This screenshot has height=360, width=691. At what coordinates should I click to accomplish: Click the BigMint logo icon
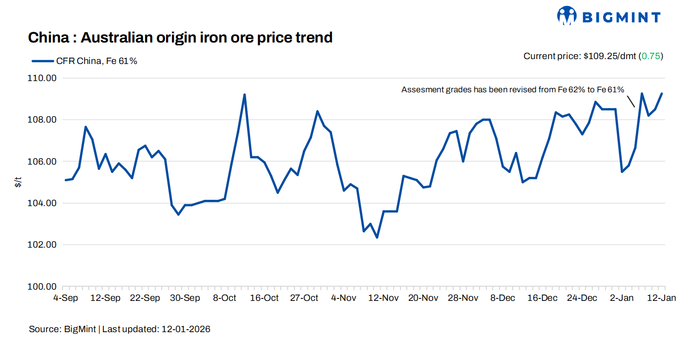coord(566,16)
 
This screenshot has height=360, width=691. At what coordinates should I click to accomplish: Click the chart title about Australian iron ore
coord(180,38)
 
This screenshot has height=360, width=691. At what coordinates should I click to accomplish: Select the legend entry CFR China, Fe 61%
coord(84,61)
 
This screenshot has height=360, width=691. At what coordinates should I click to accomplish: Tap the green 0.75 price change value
coord(651,56)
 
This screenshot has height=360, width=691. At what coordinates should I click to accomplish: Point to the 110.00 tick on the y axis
coord(43,78)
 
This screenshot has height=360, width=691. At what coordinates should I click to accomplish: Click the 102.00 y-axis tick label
coord(43,245)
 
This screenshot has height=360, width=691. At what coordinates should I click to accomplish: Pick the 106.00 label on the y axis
coord(43,162)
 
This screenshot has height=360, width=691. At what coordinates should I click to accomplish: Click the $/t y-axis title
coord(18,182)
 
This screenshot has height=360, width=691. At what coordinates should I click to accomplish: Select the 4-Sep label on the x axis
coord(65,298)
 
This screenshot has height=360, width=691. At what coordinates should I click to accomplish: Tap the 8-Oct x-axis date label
coord(225,298)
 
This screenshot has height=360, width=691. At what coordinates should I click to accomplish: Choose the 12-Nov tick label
coord(383,298)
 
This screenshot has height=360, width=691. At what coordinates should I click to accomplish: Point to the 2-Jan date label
coord(622,298)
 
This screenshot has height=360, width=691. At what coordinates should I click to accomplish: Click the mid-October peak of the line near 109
coord(244,95)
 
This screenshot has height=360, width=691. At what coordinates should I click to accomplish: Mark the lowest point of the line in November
coord(377,237)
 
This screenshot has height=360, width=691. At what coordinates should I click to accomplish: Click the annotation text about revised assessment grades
coord(513,90)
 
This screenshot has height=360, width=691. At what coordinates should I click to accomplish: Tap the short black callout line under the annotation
coord(631,101)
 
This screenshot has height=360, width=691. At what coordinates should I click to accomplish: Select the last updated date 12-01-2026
coord(185,329)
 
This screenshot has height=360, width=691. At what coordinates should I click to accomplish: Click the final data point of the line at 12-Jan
coord(662,94)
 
